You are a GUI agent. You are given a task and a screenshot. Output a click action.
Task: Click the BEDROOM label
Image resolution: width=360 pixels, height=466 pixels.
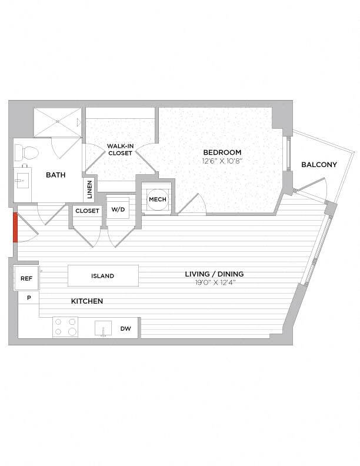[x=221, y=152]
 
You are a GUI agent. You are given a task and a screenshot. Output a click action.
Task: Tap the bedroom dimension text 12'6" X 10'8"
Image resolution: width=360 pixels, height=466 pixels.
[x=221, y=161]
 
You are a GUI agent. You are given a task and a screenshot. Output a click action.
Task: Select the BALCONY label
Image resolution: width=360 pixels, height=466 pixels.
[x=319, y=165]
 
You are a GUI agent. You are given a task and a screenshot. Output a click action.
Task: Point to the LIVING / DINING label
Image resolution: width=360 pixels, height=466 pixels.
[x=214, y=274]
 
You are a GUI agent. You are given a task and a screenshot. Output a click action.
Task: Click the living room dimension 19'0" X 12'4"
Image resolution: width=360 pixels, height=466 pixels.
[x=214, y=282]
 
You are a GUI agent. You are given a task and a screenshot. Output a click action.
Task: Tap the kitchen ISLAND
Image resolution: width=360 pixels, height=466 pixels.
[x=103, y=275]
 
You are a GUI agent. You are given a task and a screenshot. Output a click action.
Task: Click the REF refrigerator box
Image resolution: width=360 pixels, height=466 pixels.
[x=26, y=279]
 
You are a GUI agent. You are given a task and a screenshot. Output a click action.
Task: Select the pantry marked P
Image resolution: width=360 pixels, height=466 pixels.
[x=28, y=298]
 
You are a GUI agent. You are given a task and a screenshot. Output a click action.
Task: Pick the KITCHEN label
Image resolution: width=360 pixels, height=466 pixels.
[x=87, y=301]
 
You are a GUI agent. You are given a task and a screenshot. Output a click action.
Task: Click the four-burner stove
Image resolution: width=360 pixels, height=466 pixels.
[x=65, y=327]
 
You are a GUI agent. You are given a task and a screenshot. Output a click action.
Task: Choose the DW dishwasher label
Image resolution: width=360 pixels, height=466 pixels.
[x=126, y=329]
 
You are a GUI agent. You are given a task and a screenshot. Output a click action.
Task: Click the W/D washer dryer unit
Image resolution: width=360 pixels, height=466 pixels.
[x=119, y=209]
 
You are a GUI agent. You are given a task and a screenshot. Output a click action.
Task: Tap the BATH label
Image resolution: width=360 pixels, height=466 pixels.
[x=56, y=175]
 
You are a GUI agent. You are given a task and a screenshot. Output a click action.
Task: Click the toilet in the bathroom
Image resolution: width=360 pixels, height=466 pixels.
[x=26, y=154]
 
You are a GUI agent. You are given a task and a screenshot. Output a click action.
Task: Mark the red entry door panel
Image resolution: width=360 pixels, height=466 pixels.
[x=15, y=227]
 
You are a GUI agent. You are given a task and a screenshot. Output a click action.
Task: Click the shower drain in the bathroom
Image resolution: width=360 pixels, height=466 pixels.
[x=58, y=121]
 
